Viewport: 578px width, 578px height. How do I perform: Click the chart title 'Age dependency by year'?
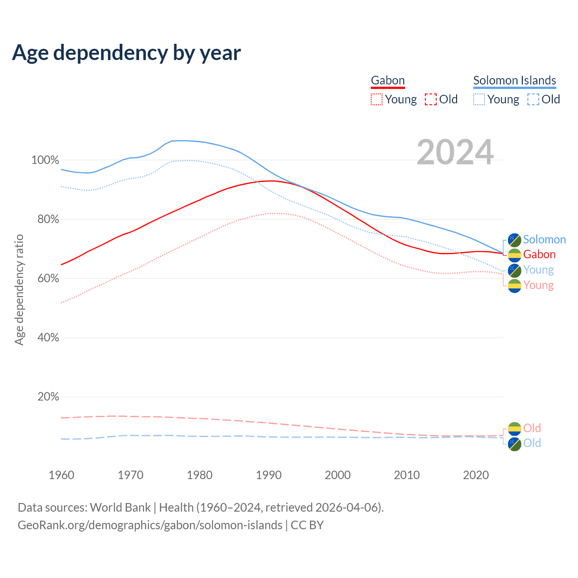tap(126, 53)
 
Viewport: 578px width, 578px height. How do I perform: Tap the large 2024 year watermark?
tap(455, 152)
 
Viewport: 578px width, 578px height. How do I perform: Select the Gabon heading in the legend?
tap(387, 80)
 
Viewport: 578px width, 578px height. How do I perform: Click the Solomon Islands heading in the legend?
tap(514, 80)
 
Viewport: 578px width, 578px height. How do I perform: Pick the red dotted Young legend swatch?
tap(376, 99)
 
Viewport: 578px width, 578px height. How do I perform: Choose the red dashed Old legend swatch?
tap(431, 99)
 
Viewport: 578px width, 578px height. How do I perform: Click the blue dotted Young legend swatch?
tap(479, 99)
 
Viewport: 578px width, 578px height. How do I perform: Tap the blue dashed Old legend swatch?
tap(533, 99)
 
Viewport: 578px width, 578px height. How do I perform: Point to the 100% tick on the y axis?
tap(45, 160)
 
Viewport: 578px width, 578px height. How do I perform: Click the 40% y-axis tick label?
tap(48, 338)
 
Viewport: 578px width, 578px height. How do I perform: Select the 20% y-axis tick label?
tap(48, 397)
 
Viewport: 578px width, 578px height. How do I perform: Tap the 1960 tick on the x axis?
tap(61, 475)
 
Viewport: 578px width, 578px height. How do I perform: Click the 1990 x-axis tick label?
tap(269, 475)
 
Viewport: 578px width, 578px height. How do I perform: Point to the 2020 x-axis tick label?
tap(476, 475)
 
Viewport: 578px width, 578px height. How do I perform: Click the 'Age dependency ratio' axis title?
tap(19, 289)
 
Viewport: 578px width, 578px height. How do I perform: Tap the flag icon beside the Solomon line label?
tap(514, 240)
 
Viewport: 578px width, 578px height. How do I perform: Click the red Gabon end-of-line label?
tap(539, 255)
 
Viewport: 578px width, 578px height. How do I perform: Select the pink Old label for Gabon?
tap(532, 428)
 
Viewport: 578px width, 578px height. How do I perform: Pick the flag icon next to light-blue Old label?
tap(514, 444)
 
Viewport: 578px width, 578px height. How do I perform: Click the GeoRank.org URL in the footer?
tap(150, 525)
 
